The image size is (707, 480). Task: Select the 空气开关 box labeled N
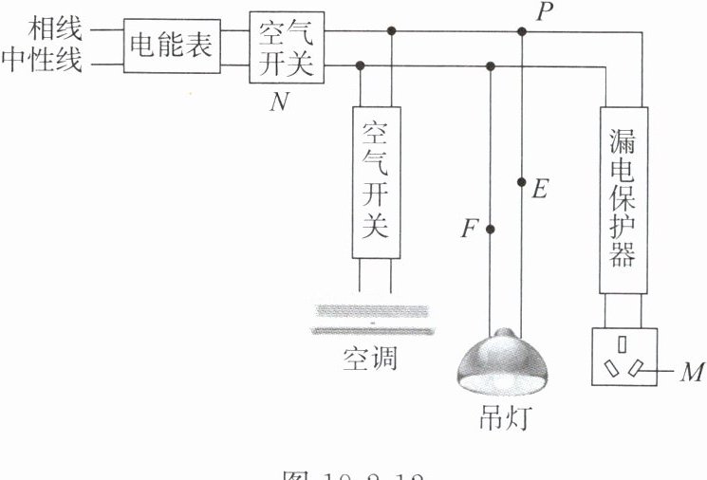click(287, 46)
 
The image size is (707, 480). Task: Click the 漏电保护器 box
click(623, 199)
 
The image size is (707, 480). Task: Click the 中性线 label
click(42, 63)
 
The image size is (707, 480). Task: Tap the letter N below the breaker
click(279, 102)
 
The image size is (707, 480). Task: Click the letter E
click(539, 189)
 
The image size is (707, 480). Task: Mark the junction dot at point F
click(490, 229)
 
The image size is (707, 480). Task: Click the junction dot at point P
click(521, 31)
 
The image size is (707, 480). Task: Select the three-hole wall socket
click(623, 356)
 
